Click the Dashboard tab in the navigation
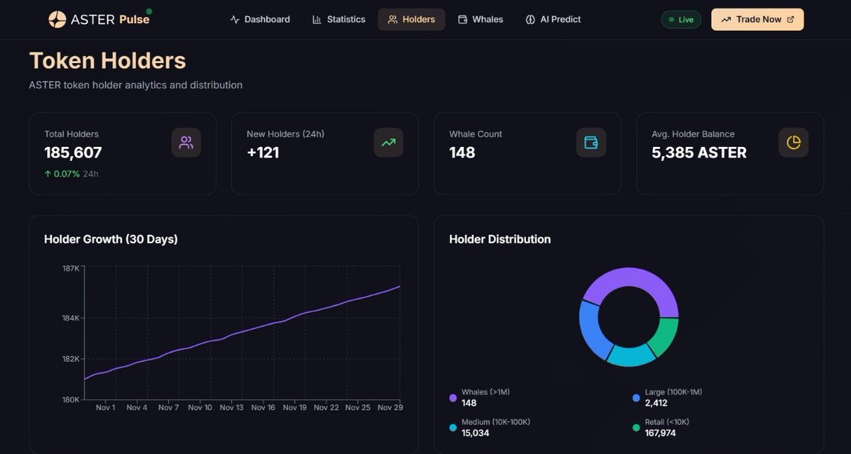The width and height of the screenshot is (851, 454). click(260, 19)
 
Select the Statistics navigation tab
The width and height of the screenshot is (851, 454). click(339, 19)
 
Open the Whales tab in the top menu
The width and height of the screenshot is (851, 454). click(481, 19)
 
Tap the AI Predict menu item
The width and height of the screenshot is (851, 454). click(553, 19)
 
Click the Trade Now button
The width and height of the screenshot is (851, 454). click(757, 19)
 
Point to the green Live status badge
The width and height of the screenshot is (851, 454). click(681, 19)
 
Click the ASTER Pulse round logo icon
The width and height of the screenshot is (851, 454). click(57, 19)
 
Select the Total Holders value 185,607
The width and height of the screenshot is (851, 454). click(73, 153)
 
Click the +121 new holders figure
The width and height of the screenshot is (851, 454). click(263, 153)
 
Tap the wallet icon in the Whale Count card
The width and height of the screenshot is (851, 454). click(591, 143)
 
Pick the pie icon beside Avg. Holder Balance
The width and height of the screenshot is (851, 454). click(793, 143)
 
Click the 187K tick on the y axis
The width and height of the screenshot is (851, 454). click(70, 268)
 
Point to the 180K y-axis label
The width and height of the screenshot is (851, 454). click(70, 399)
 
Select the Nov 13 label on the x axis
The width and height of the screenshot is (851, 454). click(231, 408)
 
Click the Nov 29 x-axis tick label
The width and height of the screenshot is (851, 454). click(390, 408)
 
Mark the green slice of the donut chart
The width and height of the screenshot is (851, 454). click(664, 336)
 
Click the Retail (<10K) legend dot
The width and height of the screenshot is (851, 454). click(636, 428)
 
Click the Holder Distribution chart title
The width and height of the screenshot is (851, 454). click(500, 239)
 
